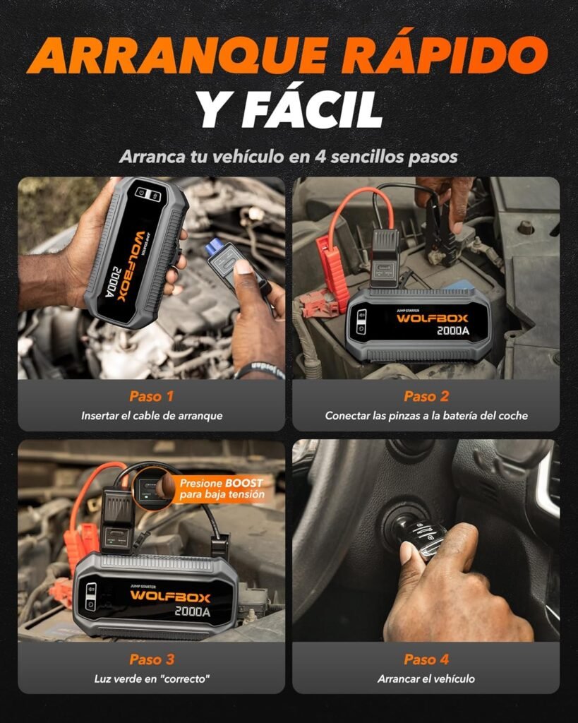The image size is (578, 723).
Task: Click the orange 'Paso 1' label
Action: tap(152, 396)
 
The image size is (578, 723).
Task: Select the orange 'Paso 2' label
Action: tap(426, 396)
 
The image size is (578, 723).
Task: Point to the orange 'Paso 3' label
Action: tap(152, 659)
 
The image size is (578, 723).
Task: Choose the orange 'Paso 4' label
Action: tap(426, 659)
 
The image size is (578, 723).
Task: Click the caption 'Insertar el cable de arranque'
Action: tap(152, 416)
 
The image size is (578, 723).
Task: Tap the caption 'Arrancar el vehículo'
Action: tap(426, 679)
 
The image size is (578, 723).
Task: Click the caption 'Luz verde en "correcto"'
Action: tap(152, 679)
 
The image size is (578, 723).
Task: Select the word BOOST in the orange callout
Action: tap(243, 483)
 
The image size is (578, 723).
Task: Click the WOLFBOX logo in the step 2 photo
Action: tap(432, 318)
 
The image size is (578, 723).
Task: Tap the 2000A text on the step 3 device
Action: tap(193, 611)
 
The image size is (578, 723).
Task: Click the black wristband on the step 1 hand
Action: tap(259, 370)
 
